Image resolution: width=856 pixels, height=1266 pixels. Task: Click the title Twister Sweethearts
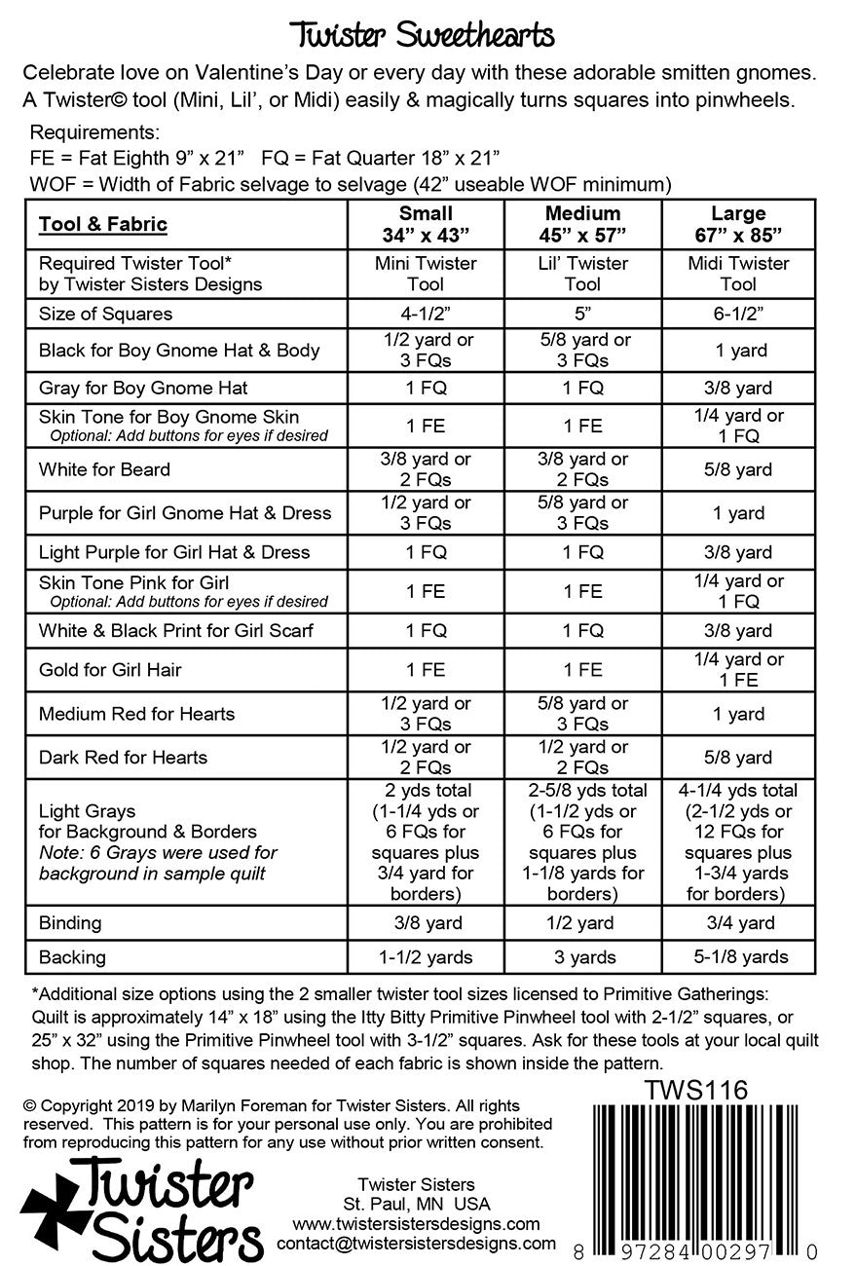click(425, 36)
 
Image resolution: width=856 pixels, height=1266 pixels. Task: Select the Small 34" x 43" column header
click(426, 224)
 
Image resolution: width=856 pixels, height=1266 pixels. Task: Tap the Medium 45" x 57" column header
click(582, 224)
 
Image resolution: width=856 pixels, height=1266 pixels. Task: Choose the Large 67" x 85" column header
click(738, 224)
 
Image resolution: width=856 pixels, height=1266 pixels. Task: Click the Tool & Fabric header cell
click(103, 225)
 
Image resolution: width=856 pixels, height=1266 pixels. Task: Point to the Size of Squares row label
click(105, 314)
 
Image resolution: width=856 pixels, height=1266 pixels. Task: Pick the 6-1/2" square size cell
click(738, 314)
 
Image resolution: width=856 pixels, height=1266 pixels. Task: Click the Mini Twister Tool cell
click(426, 274)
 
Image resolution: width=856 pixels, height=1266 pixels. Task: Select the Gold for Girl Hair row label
click(110, 670)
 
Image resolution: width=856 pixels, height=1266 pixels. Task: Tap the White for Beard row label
click(104, 469)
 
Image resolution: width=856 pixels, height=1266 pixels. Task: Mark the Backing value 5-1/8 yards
click(738, 957)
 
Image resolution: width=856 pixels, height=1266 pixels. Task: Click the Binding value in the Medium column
click(582, 922)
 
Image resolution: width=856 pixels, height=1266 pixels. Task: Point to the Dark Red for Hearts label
click(123, 758)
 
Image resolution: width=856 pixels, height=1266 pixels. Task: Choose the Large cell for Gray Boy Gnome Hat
click(738, 388)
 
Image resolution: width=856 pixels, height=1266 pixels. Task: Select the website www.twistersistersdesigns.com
click(416, 1223)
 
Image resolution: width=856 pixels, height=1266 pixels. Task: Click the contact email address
click(416, 1244)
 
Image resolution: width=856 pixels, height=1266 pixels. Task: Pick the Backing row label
click(72, 957)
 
